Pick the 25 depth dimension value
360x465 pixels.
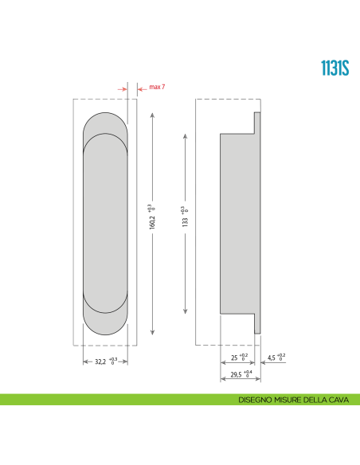click(x=233, y=357)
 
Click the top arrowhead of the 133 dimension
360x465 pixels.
click(x=186, y=135)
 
